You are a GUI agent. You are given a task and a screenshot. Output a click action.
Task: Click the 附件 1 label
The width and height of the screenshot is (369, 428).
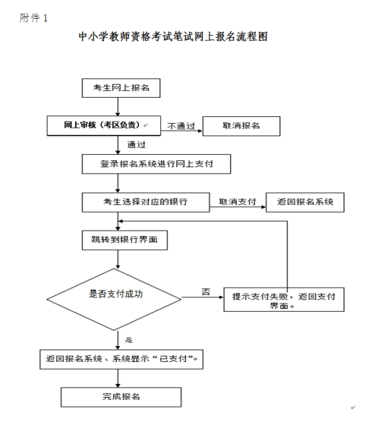(34, 18)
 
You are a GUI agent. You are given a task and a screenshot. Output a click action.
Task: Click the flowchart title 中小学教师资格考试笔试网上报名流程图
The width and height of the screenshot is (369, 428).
(173, 36)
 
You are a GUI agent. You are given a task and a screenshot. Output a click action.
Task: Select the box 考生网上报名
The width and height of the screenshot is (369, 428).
(121, 88)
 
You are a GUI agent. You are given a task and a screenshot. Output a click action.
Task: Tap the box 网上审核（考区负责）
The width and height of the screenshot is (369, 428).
(104, 125)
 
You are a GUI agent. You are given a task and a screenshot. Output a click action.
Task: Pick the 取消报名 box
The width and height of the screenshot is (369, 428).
(241, 126)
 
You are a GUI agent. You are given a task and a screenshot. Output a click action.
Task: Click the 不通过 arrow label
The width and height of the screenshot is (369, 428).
(181, 126)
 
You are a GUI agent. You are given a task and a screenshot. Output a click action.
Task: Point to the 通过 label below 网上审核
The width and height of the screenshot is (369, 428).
(136, 145)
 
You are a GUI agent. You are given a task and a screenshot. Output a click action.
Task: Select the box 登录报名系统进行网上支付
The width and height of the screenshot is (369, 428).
(156, 164)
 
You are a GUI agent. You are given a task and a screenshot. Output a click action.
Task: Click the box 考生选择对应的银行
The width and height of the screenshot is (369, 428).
(146, 202)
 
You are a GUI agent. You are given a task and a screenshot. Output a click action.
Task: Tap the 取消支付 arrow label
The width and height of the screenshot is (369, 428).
(238, 202)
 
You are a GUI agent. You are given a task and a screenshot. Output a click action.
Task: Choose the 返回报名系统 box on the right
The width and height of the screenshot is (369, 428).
(305, 202)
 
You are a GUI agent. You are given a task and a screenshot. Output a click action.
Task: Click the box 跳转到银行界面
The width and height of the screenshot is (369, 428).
(125, 240)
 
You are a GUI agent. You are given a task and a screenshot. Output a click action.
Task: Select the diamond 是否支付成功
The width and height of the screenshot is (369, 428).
(114, 299)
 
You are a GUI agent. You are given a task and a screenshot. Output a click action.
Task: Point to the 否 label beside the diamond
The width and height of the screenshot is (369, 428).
(206, 292)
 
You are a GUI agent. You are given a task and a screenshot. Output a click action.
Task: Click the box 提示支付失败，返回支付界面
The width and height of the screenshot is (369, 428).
(284, 299)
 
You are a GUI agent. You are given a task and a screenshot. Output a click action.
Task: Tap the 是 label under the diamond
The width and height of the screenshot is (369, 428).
(129, 340)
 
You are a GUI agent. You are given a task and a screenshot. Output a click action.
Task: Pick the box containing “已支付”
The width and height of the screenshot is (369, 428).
(121, 359)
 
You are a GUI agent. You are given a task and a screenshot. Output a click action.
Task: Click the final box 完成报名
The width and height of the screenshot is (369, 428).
(121, 397)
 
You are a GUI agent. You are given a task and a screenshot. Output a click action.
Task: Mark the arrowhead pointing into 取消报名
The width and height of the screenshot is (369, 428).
(200, 131)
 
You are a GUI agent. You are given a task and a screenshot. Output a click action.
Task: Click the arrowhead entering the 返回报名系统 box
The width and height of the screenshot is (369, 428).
(264, 207)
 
